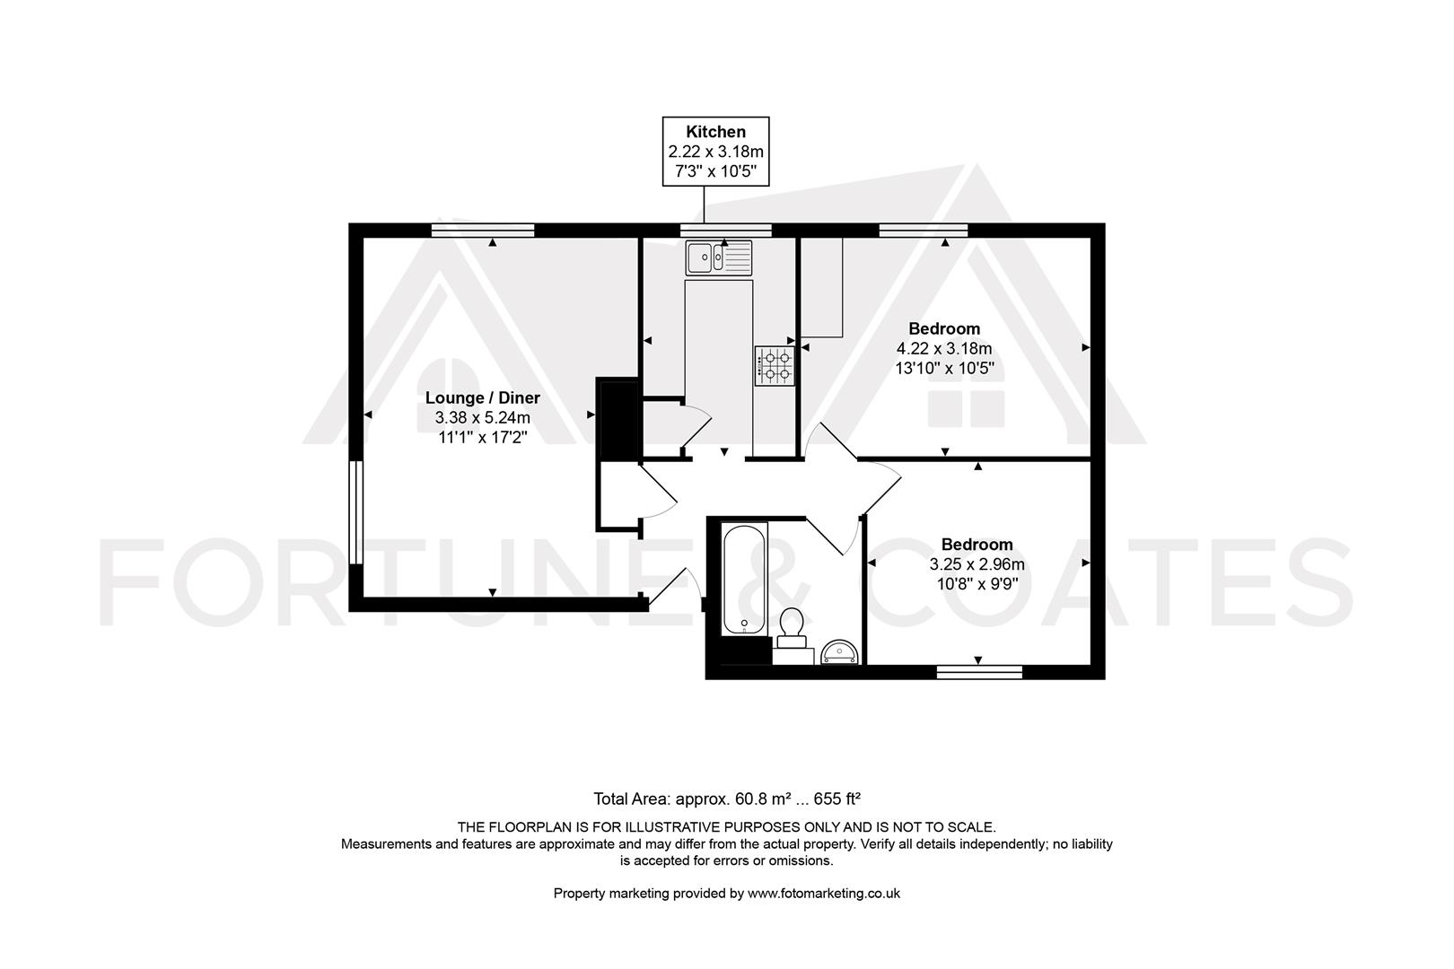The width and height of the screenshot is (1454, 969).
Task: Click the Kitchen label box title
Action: pos(715,132)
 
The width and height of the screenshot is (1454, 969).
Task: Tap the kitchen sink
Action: pos(719,258)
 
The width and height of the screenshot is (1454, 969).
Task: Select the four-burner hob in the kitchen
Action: pos(775,366)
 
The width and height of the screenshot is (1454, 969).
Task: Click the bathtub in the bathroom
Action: pos(744,580)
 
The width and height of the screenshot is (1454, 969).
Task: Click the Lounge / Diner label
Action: pos(482,397)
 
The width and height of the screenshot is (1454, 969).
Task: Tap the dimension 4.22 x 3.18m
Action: pos(944,348)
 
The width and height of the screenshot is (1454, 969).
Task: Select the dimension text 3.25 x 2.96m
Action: pos(977,564)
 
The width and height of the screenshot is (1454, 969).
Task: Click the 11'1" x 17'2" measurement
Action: pos(482,438)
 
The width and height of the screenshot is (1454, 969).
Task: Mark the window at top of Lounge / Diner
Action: pos(482,231)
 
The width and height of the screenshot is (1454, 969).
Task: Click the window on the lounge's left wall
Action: pos(356,512)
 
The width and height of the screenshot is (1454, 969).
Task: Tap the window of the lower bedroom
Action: pos(979,671)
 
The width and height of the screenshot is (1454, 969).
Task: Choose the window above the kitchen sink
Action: pos(725,231)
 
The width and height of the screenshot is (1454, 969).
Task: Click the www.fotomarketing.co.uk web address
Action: pos(823,893)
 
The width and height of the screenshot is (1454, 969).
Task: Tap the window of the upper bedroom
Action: pos(923,231)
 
